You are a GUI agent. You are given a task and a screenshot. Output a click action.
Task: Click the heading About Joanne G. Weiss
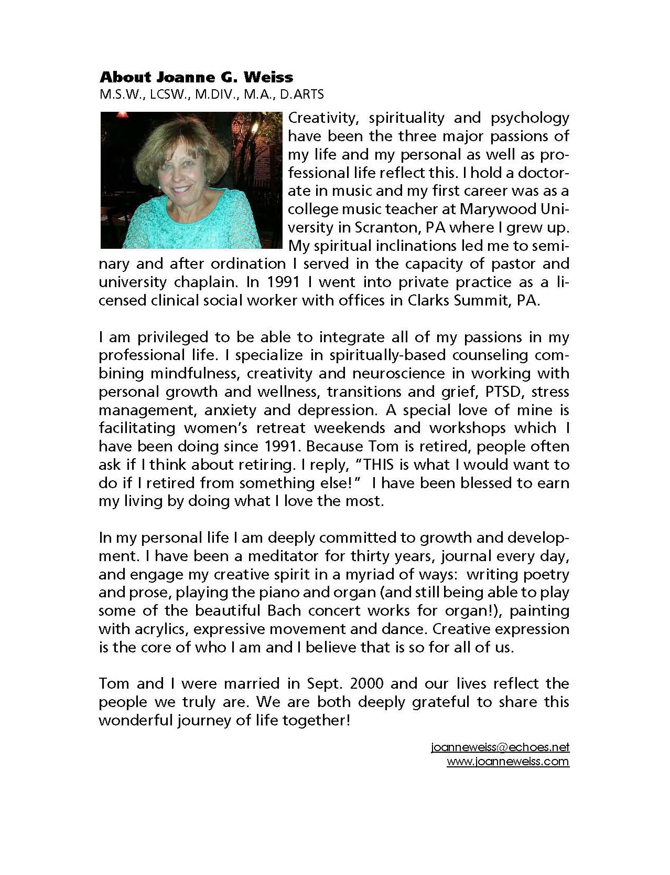click(x=196, y=78)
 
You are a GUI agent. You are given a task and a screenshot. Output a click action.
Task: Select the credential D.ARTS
click(x=303, y=94)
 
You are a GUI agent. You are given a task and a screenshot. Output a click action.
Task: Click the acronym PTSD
click(x=507, y=392)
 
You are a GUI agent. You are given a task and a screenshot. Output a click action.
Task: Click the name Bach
click(x=285, y=610)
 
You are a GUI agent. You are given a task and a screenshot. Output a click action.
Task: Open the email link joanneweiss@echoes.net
click(x=500, y=747)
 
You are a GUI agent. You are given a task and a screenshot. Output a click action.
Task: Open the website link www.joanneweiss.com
click(x=507, y=762)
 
